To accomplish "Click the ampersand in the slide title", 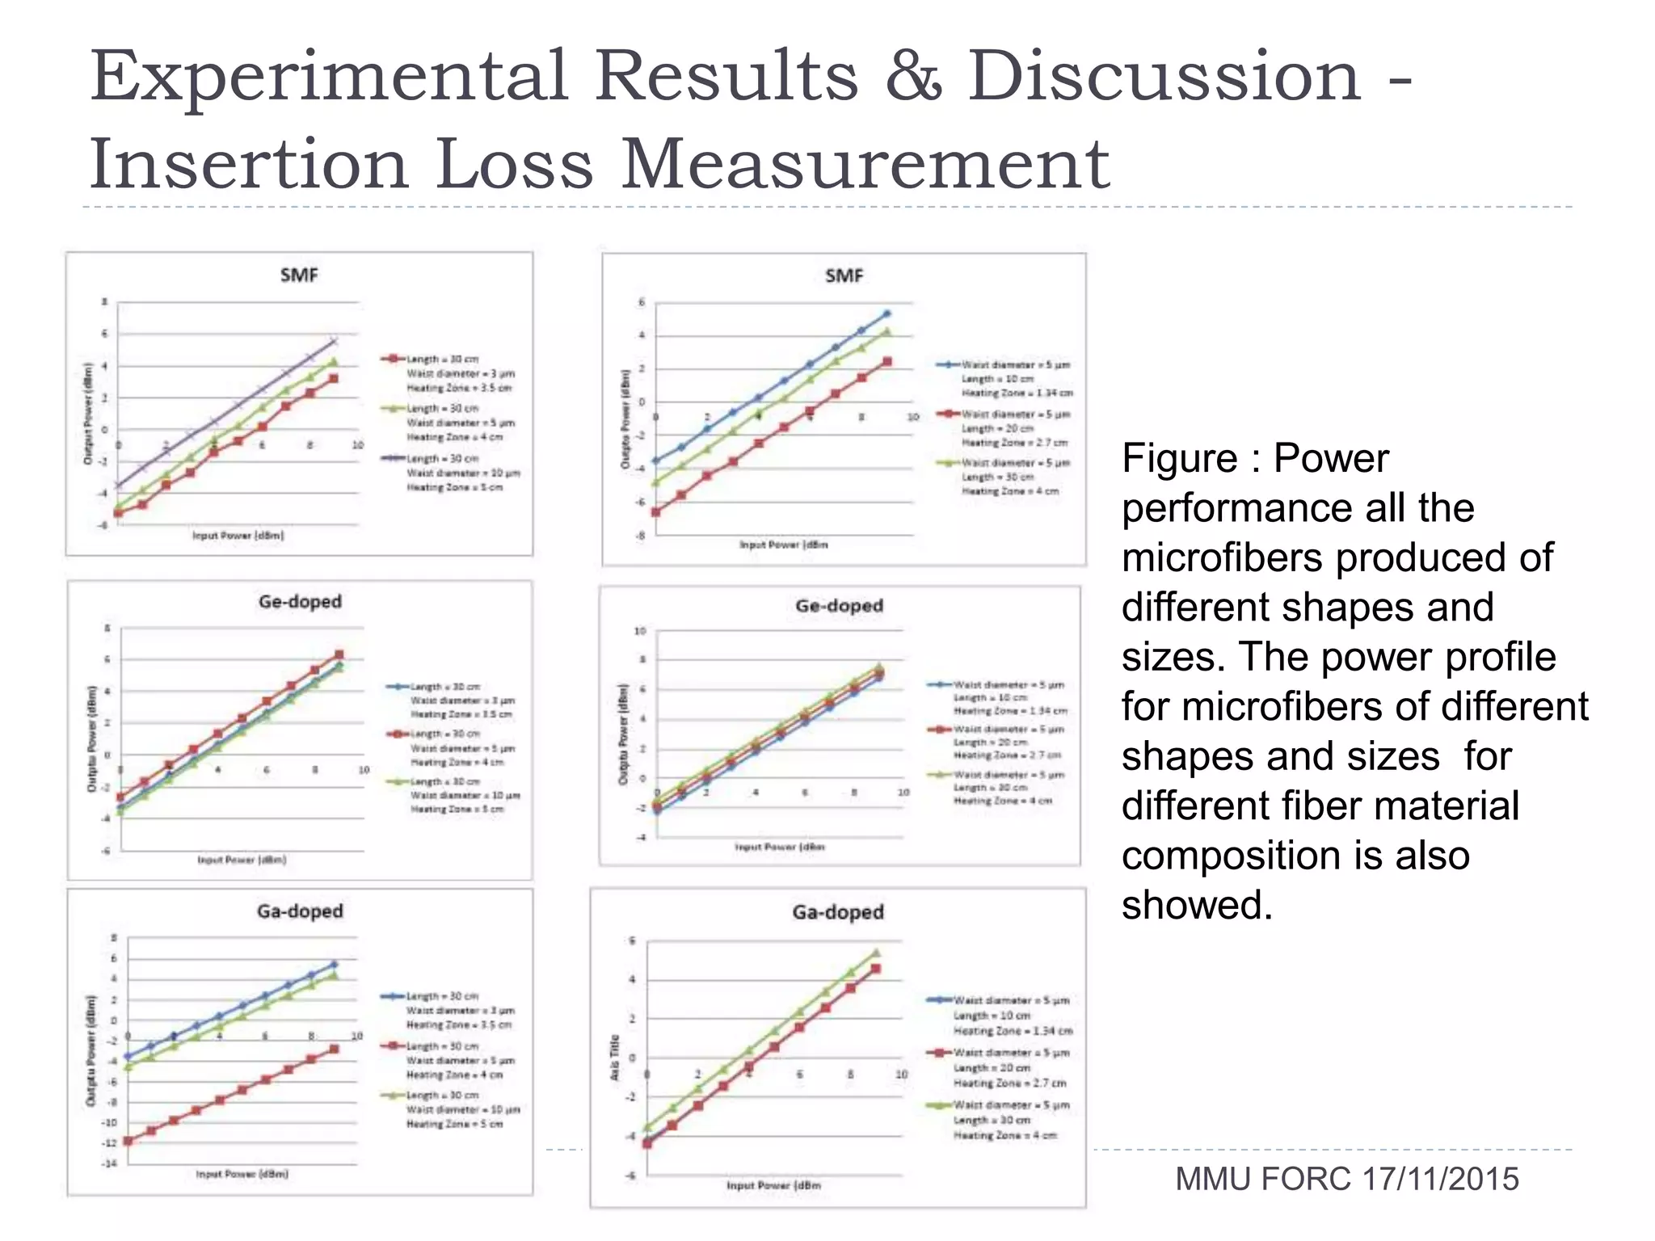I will [913, 77].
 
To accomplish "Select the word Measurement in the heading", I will [865, 165].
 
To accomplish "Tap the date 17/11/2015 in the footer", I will [1440, 1180].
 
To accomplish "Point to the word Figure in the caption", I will [1179, 459].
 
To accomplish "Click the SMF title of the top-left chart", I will [299, 276].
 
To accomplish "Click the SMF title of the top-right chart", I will [844, 276].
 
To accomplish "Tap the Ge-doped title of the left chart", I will [300, 602].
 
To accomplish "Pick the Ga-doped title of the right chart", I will [838, 912].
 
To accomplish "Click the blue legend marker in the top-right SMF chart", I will [948, 365].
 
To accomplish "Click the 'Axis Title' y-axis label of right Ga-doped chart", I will [615, 1058].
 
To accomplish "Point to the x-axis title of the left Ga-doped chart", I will [242, 1174].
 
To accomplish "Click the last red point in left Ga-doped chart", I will [334, 1049].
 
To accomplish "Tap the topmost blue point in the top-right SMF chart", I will [886, 313].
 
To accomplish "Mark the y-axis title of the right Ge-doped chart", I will [623, 734].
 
